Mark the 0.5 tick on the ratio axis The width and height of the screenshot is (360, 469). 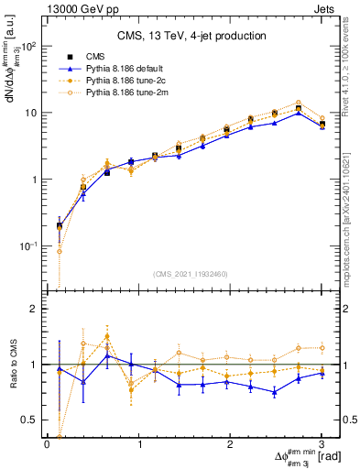coord(31,420)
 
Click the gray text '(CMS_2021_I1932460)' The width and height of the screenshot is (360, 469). coord(191,274)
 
